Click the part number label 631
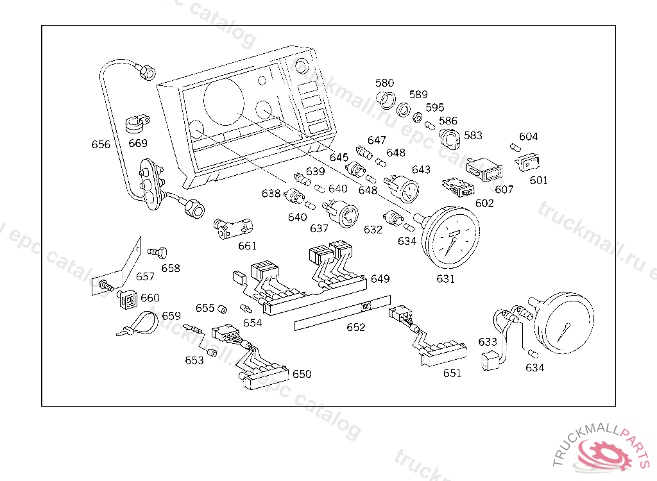coord(445,279)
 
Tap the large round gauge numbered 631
coord(452,239)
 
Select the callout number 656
coord(101,144)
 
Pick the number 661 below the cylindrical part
coord(247,246)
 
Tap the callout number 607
coord(504,190)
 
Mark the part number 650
coord(302,374)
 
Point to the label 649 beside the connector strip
coord(380,279)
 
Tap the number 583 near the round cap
coord(473,136)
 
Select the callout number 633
coord(488,342)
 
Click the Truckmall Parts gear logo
coord(605,453)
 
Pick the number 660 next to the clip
coord(149,298)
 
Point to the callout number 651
coord(452,374)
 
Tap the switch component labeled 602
coord(459,187)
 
